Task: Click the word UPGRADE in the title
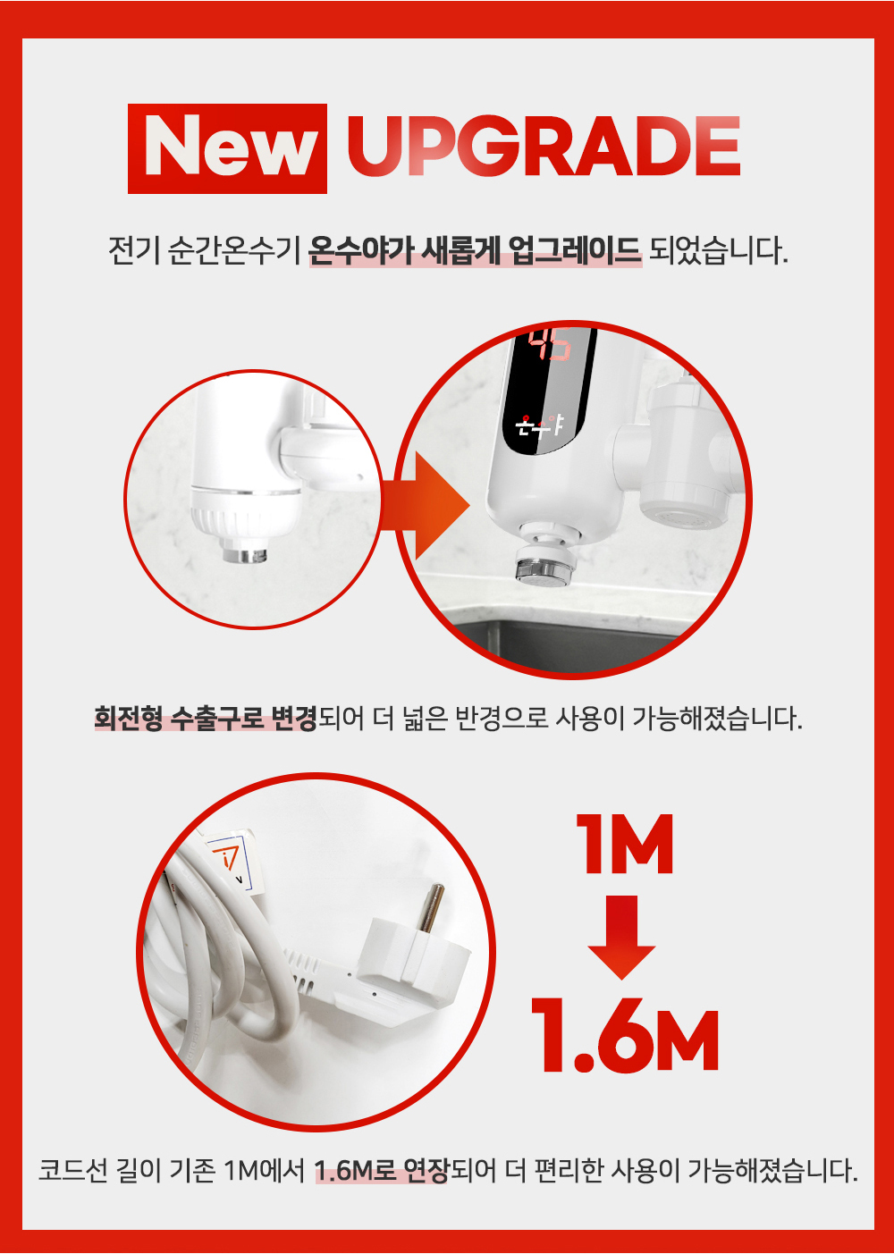click(544, 147)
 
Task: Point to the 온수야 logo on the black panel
click(539, 426)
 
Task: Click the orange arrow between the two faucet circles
click(426, 506)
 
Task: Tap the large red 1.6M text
click(624, 1039)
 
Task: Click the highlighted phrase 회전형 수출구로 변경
click(206, 719)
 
